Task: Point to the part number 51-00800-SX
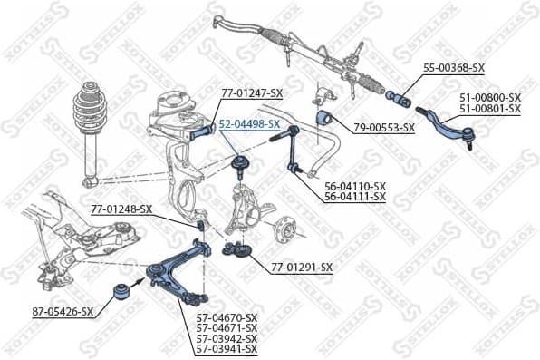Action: click(489, 96)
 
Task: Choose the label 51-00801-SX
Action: click(489, 108)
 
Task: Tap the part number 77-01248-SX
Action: click(121, 209)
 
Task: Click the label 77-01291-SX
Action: click(302, 268)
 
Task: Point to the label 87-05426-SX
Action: click(63, 311)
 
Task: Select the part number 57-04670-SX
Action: click(227, 317)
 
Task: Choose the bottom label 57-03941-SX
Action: click(227, 349)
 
